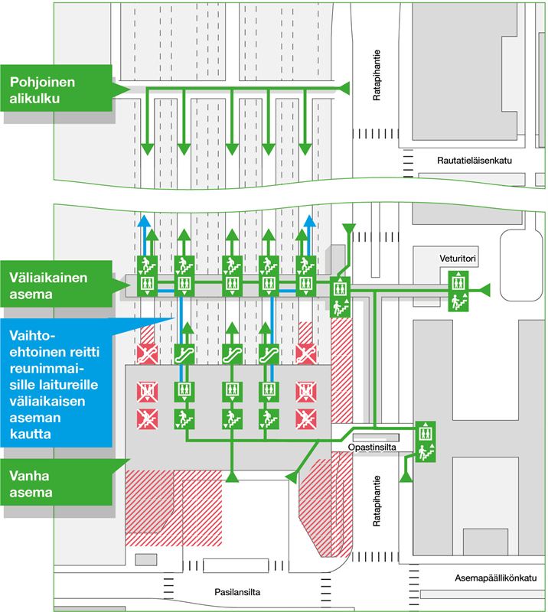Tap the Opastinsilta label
coord(371,446)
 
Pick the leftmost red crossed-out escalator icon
coord(145,353)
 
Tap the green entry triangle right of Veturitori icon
coord(484,289)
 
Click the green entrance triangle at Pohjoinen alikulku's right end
coord(345,90)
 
